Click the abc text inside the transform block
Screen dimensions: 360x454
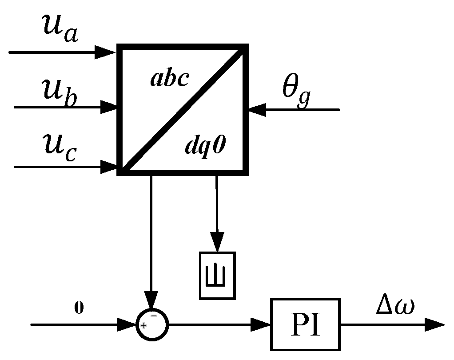[170, 80]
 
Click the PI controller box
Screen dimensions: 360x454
[305, 324]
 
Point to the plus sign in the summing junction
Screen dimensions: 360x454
[144, 326]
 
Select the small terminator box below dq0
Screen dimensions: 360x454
[217, 275]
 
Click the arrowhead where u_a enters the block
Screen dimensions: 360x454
[108, 52]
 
